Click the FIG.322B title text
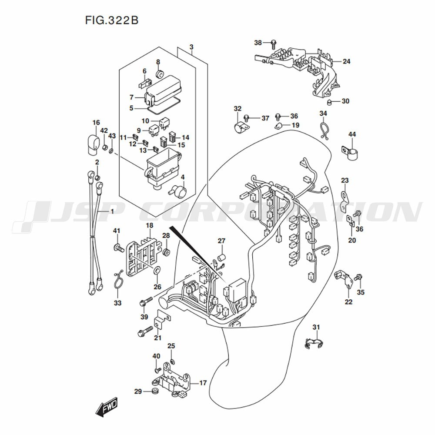tap(111, 20)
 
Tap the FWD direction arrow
tap(107, 407)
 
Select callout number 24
tap(347, 61)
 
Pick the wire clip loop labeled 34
tap(324, 128)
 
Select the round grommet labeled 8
tap(160, 74)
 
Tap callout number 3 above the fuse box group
tap(191, 47)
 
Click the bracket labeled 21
tap(162, 318)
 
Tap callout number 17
tap(203, 383)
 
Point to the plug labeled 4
tap(178, 191)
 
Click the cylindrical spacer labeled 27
tap(222, 258)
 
